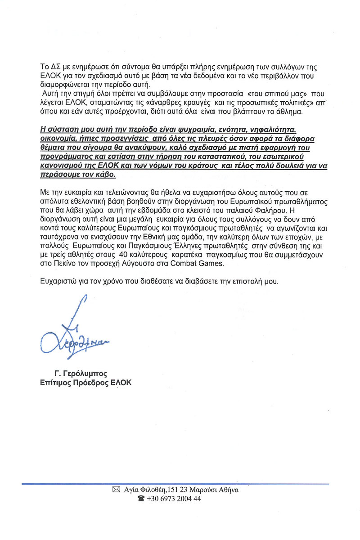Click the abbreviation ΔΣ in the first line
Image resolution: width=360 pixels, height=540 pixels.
[x=53, y=67]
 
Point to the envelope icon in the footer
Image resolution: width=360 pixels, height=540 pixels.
[x=116, y=490]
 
